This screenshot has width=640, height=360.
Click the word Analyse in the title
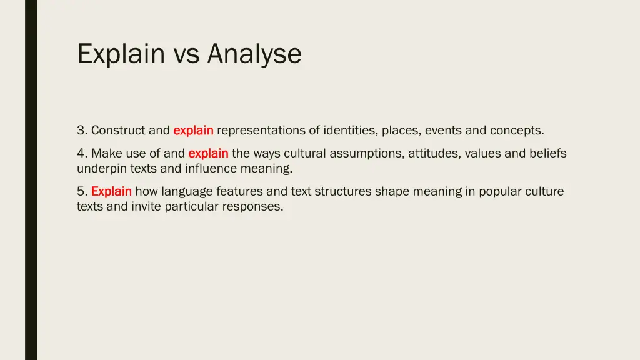click(x=254, y=54)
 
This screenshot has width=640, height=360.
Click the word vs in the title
click(x=186, y=54)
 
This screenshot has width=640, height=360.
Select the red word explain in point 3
click(x=193, y=131)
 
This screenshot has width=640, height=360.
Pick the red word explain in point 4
click(x=208, y=153)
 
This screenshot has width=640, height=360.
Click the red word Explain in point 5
click(x=111, y=191)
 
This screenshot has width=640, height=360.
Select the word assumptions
click(x=367, y=153)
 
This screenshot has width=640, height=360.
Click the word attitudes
click(x=434, y=153)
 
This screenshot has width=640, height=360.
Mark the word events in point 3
click(x=443, y=131)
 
